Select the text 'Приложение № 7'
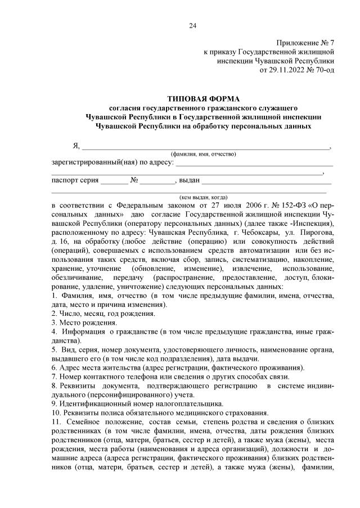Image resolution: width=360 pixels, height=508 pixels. point(305,43)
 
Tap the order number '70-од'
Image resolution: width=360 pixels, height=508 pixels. point(325,70)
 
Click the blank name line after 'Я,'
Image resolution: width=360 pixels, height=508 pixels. point(205,148)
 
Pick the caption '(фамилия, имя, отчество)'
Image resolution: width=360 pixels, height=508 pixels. point(203,154)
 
